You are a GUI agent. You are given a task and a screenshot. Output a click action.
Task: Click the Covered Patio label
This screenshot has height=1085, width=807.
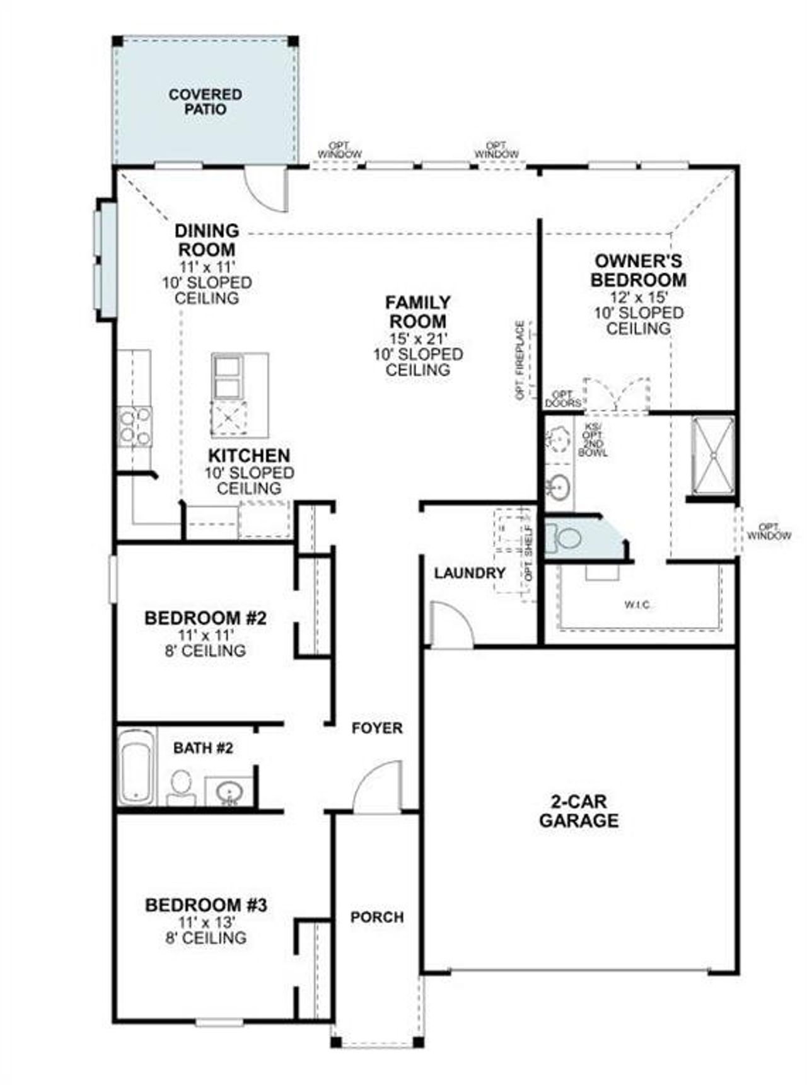tap(205, 101)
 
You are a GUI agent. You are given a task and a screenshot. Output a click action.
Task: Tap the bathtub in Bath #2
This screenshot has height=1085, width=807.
tap(136, 766)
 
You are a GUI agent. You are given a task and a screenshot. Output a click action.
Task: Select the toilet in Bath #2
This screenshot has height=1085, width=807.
tap(181, 785)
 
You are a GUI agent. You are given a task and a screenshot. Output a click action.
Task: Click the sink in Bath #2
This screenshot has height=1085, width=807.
tap(227, 790)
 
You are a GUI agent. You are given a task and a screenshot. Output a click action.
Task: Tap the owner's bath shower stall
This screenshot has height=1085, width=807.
tap(712, 455)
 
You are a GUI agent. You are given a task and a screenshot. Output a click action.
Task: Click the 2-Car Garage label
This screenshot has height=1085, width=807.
tap(578, 811)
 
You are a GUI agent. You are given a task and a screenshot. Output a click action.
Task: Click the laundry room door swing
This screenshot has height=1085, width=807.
tap(450, 625)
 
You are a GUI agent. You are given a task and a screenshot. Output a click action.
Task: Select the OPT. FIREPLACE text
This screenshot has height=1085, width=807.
tap(520, 360)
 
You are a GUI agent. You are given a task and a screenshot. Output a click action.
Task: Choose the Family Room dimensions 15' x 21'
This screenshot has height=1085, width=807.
tap(417, 338)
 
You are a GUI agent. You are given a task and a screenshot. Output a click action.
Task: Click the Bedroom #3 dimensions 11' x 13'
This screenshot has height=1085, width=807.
tap(206, 922)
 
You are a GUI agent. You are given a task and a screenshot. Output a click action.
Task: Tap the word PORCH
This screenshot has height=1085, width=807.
tap(377, 917)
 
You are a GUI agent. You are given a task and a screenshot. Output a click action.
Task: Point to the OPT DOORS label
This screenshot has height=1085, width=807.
tap(562, 399)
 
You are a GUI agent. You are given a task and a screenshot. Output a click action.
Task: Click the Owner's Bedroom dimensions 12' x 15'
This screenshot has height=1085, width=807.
tap(638, 297)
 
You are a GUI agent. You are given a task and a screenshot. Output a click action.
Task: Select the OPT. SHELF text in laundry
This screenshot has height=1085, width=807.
tap(528, 553)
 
